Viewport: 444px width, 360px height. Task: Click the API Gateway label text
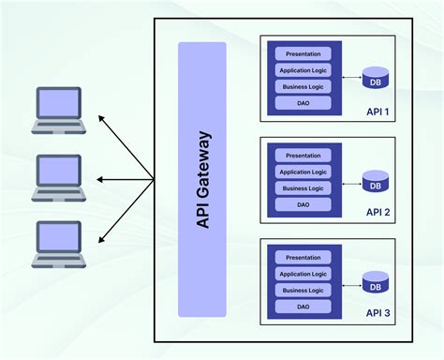[x=202, y=179]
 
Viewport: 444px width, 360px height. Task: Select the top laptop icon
[x=58, y=110]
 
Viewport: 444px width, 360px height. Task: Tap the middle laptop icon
[x=58, y=177]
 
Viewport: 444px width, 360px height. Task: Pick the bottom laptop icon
[x=58, y=245]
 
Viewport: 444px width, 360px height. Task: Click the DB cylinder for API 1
[x=376, y=78]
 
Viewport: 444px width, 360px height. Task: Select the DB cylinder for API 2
[x=376, y=180]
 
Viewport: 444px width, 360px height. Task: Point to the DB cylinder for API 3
[x=376, y=282]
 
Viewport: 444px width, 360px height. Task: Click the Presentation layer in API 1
[x=303, y=53]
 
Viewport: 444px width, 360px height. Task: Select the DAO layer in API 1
[x=303, y=102]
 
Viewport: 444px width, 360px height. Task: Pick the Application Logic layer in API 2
[x=303, y=172]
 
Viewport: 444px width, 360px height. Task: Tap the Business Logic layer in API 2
[x=303, y=188]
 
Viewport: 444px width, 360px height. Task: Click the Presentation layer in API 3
[x=303, y=258]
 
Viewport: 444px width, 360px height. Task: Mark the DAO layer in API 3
[x=303, y=307]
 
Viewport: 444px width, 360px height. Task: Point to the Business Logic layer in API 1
[x=303, y=86]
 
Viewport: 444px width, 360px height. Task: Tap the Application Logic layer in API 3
[x=303, y=274]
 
